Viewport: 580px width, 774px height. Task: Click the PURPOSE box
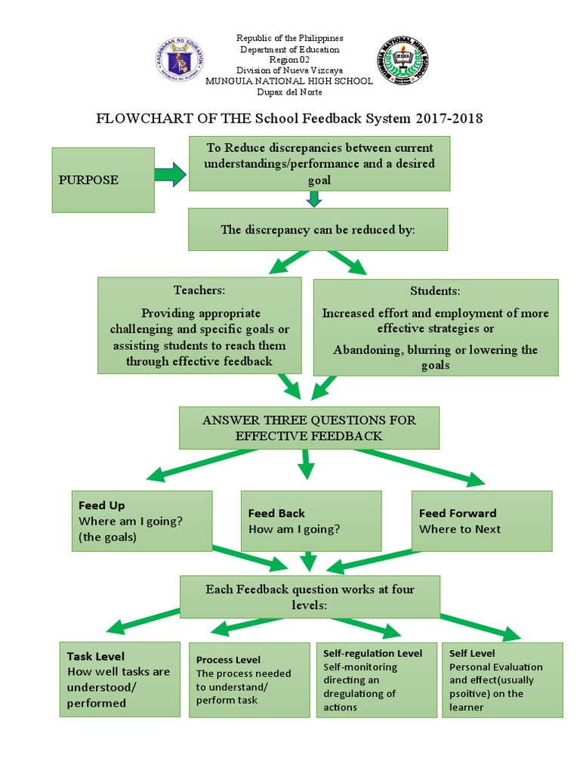[103, 180]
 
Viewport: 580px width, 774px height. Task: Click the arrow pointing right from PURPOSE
[170, 175]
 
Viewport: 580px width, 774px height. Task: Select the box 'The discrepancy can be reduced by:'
[317, 230]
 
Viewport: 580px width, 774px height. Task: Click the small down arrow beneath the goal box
[315, 200]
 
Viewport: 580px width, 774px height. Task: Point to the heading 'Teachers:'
[199, 290]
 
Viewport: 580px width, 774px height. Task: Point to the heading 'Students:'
[435, 291]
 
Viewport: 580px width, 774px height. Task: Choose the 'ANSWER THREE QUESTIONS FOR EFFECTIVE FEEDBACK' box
[308, 428]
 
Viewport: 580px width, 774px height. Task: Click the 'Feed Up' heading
[102, 505]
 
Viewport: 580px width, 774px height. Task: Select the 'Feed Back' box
[310, 522]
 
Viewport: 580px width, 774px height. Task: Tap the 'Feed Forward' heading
[458, 513]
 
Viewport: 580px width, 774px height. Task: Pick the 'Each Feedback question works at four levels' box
[310, 597]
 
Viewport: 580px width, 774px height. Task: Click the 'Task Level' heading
[96, 656]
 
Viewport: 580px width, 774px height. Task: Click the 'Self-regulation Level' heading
[373, 653]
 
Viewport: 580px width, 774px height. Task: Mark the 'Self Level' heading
[473, 653]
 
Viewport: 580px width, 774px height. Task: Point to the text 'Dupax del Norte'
[290, 91]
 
